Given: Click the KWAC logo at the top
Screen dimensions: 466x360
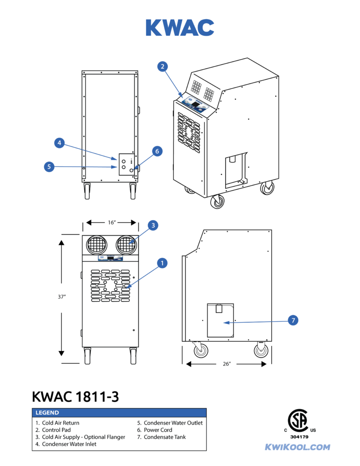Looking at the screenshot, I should tap(180, 28).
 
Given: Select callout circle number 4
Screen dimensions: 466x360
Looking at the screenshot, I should tap(59, 143).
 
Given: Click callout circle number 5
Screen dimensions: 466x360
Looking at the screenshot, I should tap(49, 167).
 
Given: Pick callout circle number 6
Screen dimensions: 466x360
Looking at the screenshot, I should tap(157, 152).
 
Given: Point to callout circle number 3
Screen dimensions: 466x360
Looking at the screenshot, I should tap(153, 225).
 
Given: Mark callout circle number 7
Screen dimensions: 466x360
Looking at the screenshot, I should tap(294, 321).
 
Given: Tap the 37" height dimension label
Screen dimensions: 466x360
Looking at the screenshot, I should tap(62, 297).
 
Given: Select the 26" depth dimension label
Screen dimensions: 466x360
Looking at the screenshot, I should tap(226, 364).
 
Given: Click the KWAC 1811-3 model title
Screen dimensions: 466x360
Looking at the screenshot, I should tap(76, 396).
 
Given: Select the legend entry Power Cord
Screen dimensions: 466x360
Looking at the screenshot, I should tap(158, 430).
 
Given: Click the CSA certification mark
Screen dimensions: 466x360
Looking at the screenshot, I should tap(300, 421).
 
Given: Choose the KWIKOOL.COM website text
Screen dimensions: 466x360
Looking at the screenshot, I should tap(298, 447).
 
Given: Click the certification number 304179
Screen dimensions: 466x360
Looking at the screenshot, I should tap(299, 437).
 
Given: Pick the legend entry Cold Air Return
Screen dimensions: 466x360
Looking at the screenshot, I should tap(61, 423).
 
